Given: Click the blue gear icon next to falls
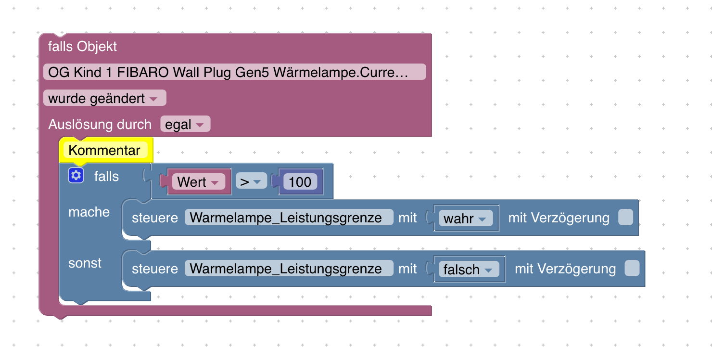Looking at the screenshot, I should (x=76, y=176).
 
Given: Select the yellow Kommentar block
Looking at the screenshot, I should (x=104, y=150).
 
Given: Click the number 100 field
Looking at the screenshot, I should (x=300, y=182).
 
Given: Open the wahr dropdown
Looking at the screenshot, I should (x=465, y=219).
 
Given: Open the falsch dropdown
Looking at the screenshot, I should (x=468, y=270).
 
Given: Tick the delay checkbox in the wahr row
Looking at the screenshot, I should (x=625, y=218).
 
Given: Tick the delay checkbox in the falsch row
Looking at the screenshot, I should (x=632, y=269).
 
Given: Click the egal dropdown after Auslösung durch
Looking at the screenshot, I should (x=185, y=125).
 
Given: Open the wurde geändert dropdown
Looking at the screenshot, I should (x=104, y=98).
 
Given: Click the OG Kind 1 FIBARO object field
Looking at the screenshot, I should (x=234, y=72).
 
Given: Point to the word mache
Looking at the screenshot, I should (x=89, y=212).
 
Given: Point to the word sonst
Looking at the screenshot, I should (x=85, y=263).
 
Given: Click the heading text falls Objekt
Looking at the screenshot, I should (x=82, y=47).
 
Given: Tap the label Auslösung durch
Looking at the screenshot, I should (x=100, y=125).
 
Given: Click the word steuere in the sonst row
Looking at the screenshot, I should (x=155, y=269).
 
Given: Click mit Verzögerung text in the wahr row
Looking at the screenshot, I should (x=559, y=218).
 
